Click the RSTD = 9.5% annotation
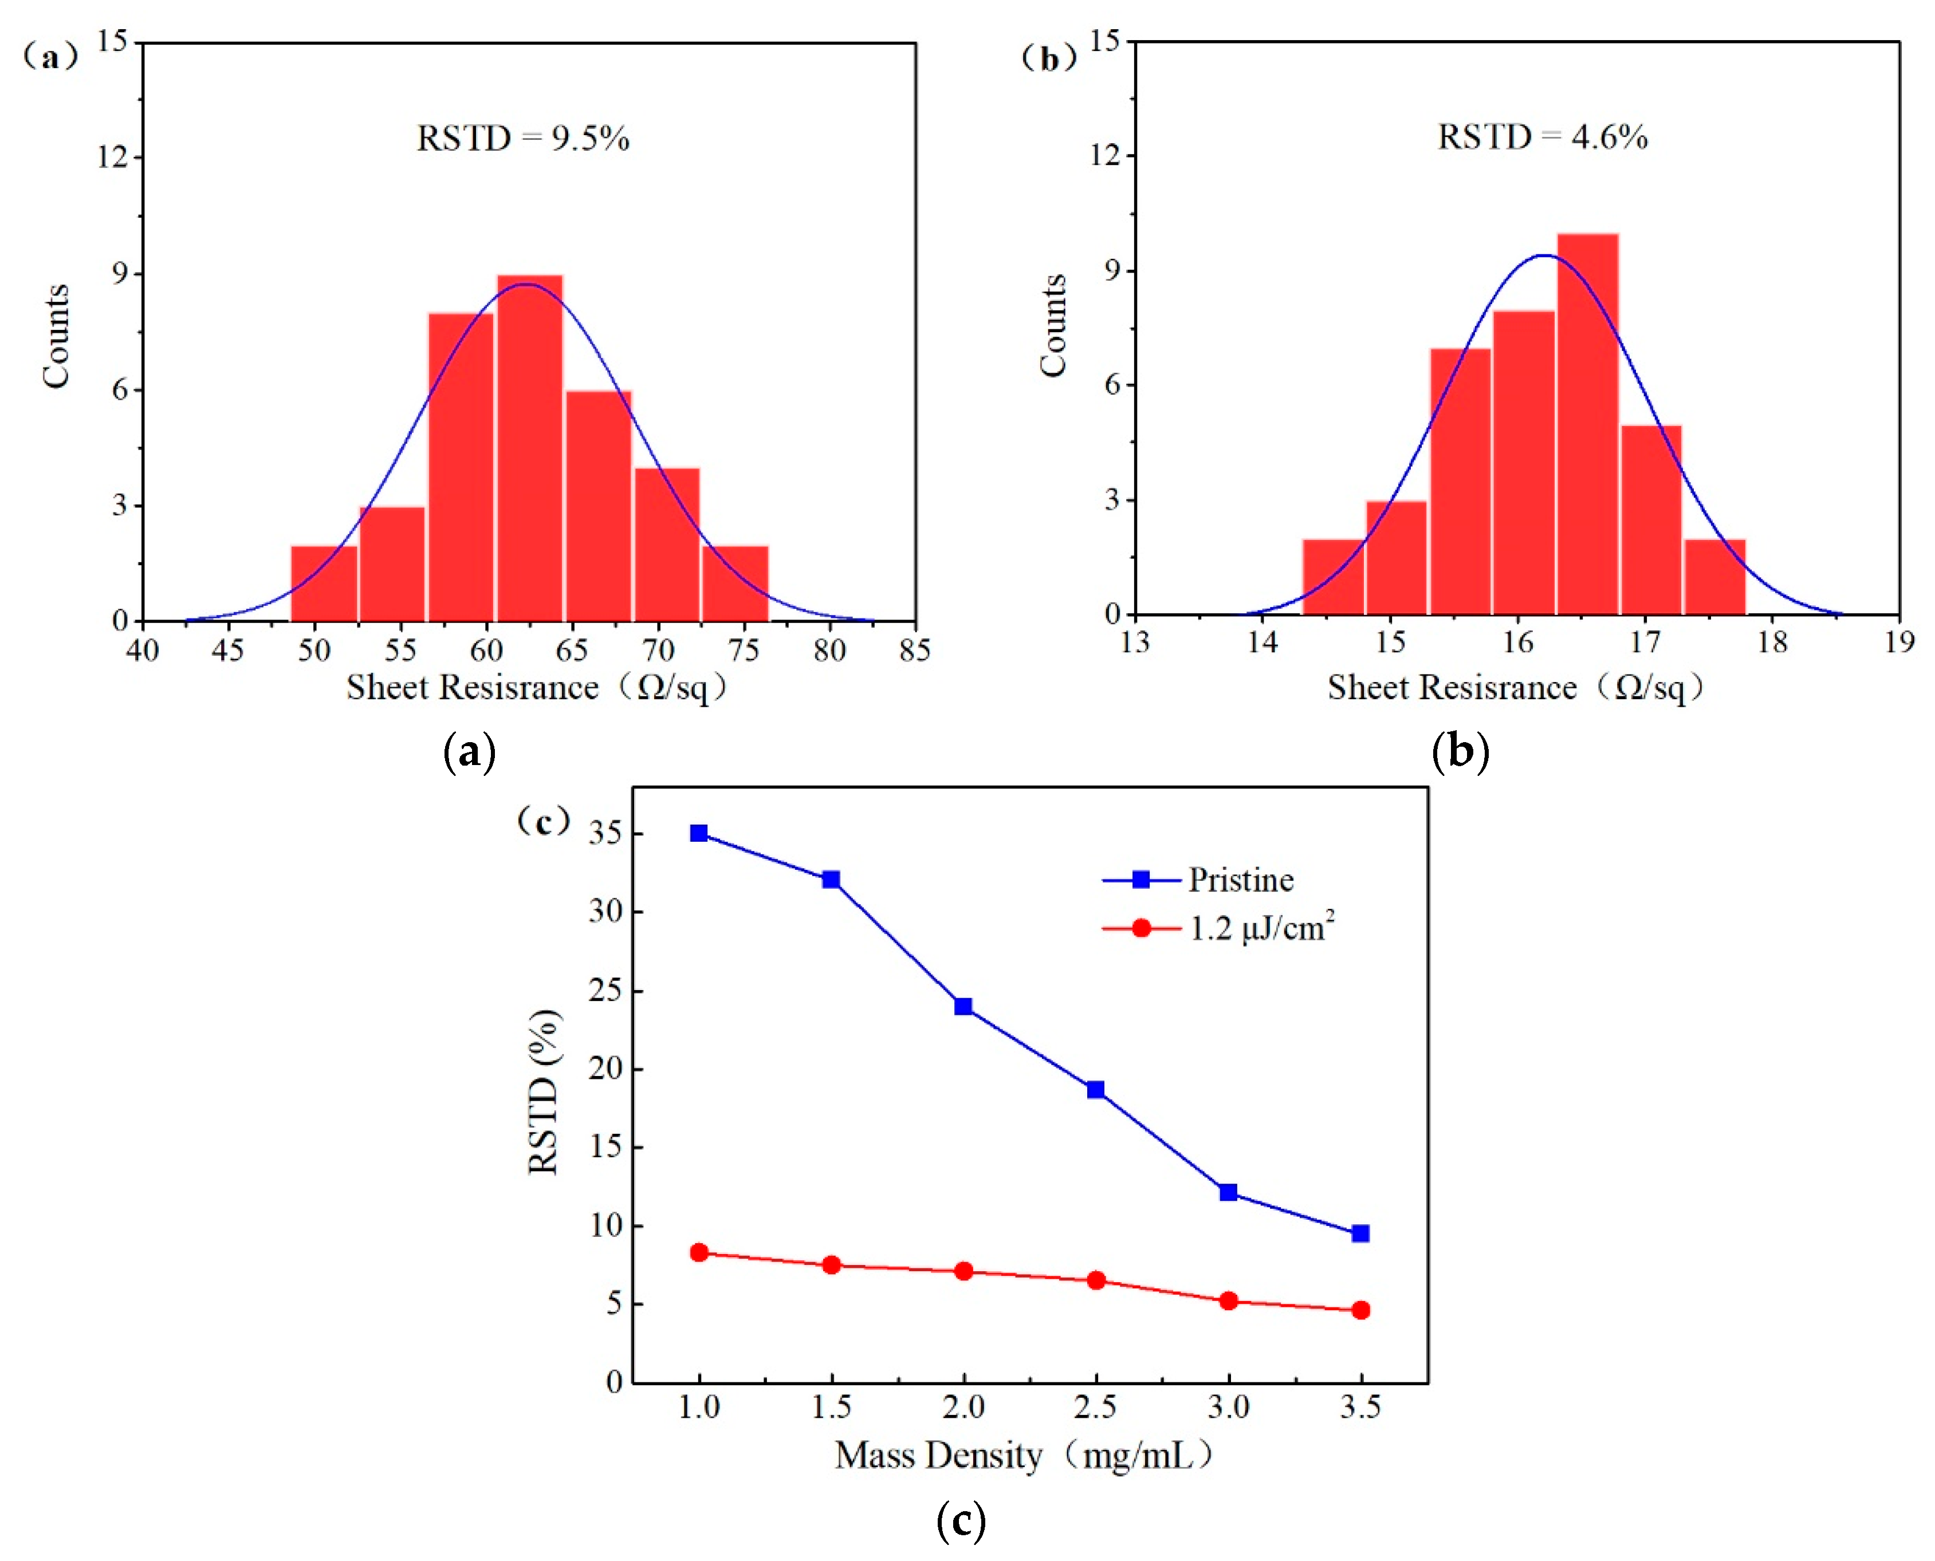pyautogui.click(x=522, y=139)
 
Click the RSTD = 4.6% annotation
pyautogui.click(x=1542, y=137)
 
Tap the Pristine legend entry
pyautogui.click(x=1240, y=880)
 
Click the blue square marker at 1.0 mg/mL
pyautogui.click(x=699, y=834)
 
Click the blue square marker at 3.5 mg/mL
pyautogui.click(x=1360, y=1233)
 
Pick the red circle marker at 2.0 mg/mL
pyautogui.click(x=963, y=1271)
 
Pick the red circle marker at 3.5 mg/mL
pyautogui.click(x=1360, y=1310)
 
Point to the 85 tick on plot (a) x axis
pyautogui.click(x=915, y=650)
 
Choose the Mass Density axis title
pyautogui.click(x=1024, y=1455)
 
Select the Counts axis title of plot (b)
pyautogui.click(x=1052, y=325)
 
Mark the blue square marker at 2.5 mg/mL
pyautogui.click(x=1096, y=1090)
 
